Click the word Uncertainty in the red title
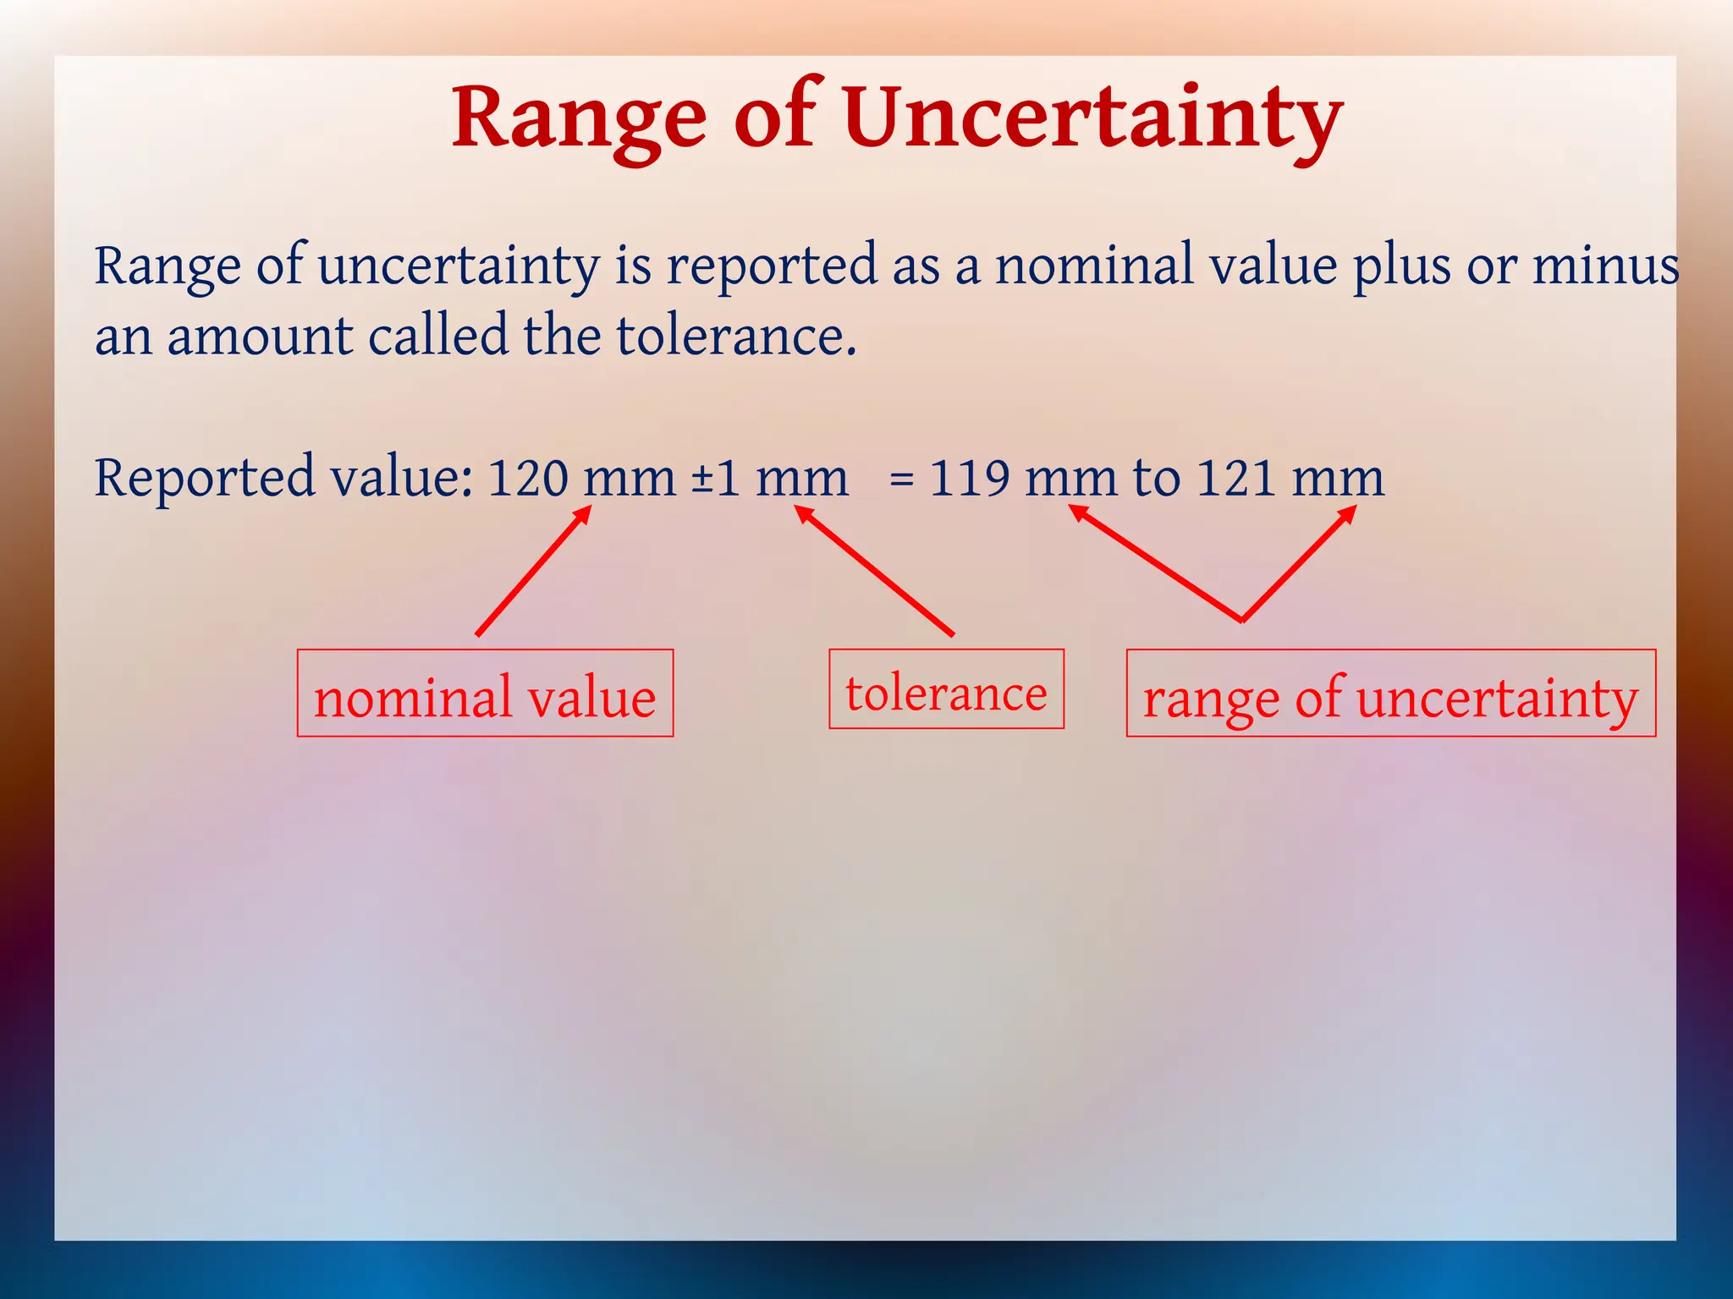[1092, 118]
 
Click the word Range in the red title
[580, 118]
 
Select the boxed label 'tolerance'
[946, 690]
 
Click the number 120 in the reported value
[528, 479]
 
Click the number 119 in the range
[969, 479]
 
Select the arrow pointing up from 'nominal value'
[533, 571]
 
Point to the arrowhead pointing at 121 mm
[1348, 513]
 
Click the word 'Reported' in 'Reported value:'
[204, 479]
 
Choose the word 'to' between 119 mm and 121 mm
[1157, 479]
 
